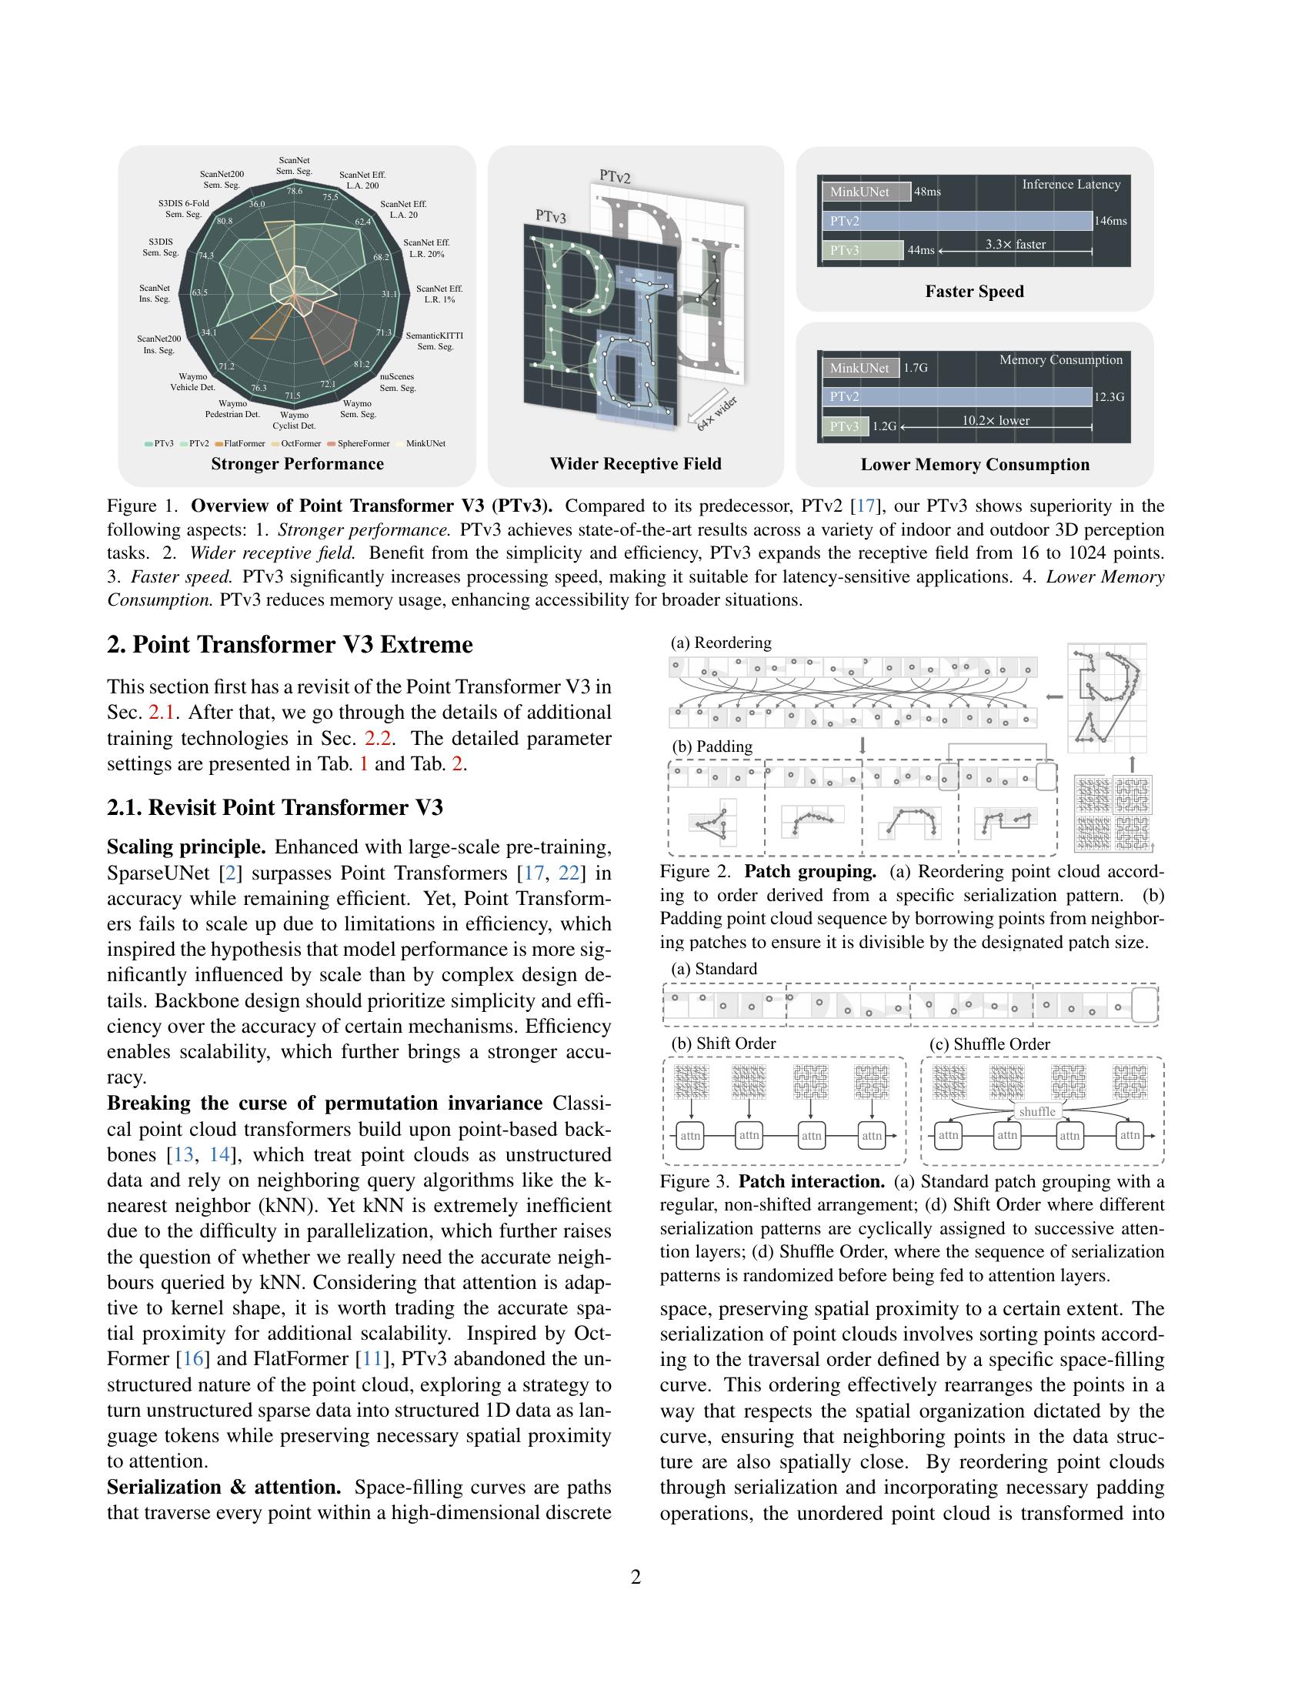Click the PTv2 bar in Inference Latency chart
tap(956, 221)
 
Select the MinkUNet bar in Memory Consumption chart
tap(859, 367)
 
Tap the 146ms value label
tap(1110, 221)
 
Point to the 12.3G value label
tap(1109, 397)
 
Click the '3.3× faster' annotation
tap(1015, 244)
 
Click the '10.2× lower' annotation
tap(996, 420)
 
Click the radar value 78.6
tap(295, 191)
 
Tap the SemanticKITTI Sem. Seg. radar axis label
tap(434, 341)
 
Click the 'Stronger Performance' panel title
tap(298, 463)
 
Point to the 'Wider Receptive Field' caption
tap(636, 463)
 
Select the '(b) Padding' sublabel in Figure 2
tap(712, 746)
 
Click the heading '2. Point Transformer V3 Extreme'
tap(290, 645)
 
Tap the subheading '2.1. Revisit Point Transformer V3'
tap(275, 808)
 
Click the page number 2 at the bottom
tap(636, 1577)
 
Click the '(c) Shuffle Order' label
tap(989, 1044)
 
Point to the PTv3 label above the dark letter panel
tap(550, 216)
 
